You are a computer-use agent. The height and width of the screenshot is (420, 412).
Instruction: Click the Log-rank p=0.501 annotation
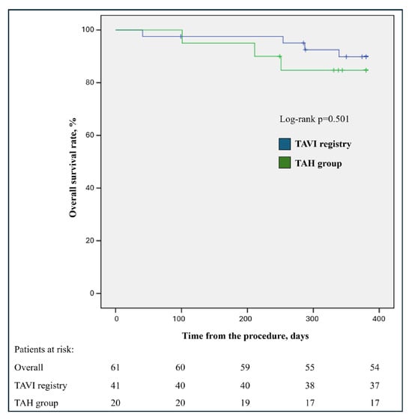(x=315, y=119)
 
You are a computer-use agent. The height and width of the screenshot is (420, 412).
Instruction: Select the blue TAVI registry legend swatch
(x=285, y=144)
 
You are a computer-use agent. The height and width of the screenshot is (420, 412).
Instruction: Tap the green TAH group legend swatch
(x=285, y=162)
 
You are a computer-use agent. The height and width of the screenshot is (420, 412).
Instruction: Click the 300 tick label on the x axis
(x=312, y=319)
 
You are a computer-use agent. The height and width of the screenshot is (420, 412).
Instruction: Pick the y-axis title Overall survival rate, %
(x=73, y=168)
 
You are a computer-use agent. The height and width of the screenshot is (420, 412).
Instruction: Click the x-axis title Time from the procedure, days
(x=245, y=336)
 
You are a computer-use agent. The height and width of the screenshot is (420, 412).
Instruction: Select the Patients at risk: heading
(x=44, y=350)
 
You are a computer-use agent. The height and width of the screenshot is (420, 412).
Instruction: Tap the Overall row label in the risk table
(x=28, y=368)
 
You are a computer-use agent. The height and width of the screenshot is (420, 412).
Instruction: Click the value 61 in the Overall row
(x=115, y=368)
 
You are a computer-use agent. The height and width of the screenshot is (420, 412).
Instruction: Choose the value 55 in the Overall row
(x=310, y=368)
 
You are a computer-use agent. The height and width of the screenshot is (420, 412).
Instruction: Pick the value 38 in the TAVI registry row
(x=310, y=386)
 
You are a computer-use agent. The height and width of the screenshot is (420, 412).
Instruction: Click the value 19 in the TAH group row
(x=245, y=403)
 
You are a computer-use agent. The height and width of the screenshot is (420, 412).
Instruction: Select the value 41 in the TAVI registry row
(x=115, y=386)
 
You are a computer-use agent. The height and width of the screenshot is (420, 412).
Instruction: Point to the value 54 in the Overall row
(x=375, y=368)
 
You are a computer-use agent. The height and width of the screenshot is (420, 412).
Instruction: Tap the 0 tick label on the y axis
(x=92, y=293)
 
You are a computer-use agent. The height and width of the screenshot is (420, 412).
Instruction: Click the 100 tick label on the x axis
(x=179, y=319)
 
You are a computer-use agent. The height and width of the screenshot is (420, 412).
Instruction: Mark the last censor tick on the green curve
(x=366, y=70)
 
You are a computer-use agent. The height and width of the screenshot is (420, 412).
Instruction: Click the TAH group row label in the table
(x=36, y=403)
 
